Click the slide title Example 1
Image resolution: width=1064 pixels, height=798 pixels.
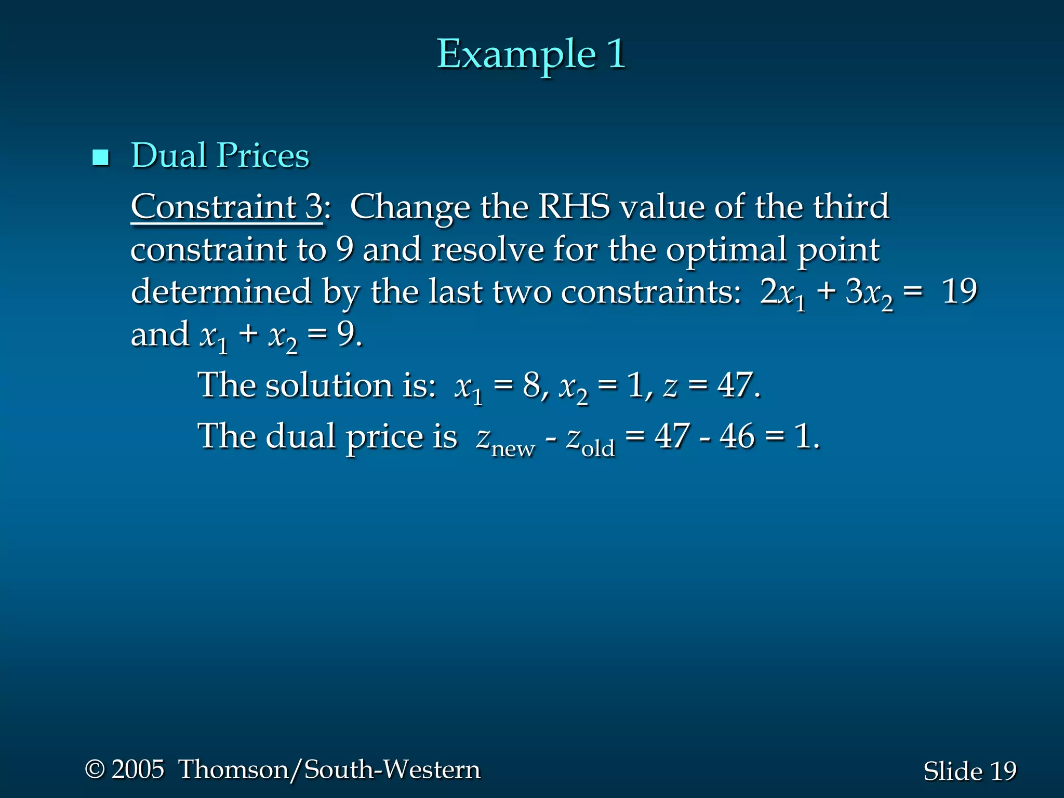pyautogui.click(x=531, y=54)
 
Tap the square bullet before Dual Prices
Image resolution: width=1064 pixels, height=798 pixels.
pyautogui.click(x=100, y=157)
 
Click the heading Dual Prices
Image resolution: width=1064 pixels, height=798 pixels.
pyautogui.click(x=220, y=155)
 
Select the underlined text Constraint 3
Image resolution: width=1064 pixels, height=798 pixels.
pyautogui.click(x=227, y=207)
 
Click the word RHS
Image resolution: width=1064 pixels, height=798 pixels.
pyautogui.click(x=574, y=207)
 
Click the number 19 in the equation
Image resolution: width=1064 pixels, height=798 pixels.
pyautogui.click(x=959, y=291)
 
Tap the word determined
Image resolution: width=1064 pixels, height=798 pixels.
pyautogui.click(x=221, y=291)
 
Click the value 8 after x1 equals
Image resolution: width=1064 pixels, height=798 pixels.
pyautogui.click(x=532, y=385)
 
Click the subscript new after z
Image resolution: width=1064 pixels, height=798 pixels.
pyautogui.click(x=513, y=448)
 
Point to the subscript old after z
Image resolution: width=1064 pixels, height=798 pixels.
pyautogui.click(x=598, y=448)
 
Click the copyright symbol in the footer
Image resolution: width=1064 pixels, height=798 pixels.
pyautogui.click(x=95, y=769)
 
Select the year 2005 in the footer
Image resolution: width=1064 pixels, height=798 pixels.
pyautogui.click(x=138, y=769)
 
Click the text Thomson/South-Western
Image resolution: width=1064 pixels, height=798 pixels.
pyautogui.click(x=329, y=769)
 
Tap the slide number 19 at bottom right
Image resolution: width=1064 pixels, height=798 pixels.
pyautogui.click(x=1003, y=771)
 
